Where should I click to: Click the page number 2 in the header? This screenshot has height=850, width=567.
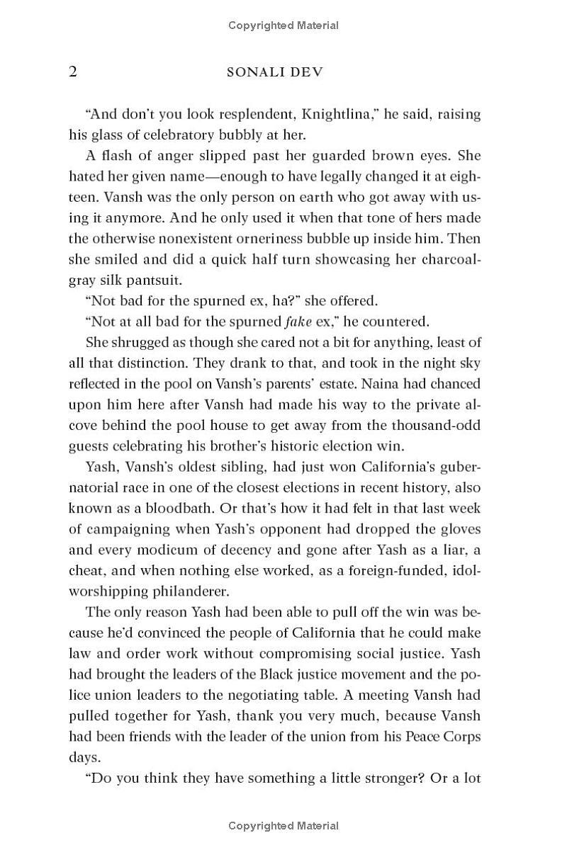click(x=73, y=72)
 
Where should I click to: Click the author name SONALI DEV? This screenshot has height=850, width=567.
click(x=283, y=73)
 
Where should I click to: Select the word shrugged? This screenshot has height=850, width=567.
click(x=140, y=343)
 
